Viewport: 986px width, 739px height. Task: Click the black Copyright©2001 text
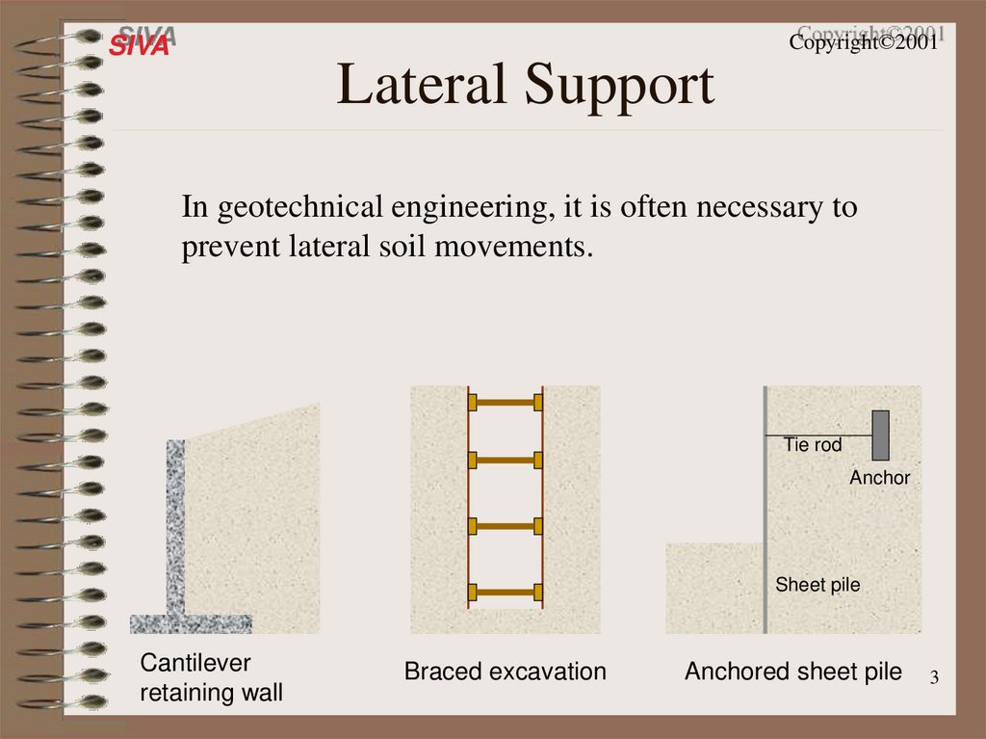[863, 43]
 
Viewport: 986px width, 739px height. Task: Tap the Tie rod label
[813, 445]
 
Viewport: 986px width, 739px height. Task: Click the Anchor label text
[879, 477]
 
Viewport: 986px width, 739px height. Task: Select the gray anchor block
[880, 435]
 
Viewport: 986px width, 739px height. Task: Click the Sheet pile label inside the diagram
[817, 585]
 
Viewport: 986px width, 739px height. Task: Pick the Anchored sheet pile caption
[793, 672]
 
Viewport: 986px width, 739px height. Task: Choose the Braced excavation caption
[505, 672]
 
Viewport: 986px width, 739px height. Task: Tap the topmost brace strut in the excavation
[506, 401]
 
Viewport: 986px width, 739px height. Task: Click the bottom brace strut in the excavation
[506, 592]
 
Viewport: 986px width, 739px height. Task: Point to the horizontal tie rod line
[818, 435]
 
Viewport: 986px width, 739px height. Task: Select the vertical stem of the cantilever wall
[175, 525]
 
